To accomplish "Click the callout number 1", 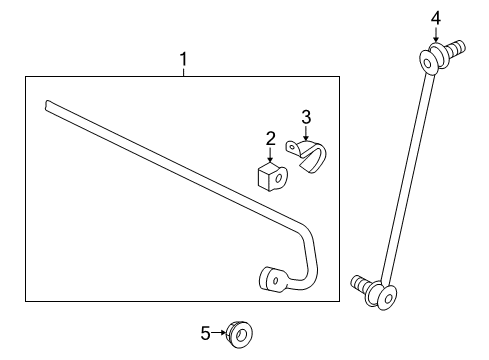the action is pos(183,59).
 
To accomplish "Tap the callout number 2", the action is pos(271,139).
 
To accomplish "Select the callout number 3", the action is pos(306,117).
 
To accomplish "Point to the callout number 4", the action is pos(436,18).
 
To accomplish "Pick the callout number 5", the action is pos(205,333).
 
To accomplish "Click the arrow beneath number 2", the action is pos(270,155).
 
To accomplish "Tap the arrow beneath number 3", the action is pos(306,133).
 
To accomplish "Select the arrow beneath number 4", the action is pos(436,35).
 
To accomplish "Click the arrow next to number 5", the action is pos(219,333).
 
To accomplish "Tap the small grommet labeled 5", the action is pos(239,335).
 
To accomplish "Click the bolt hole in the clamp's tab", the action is pos(292,147).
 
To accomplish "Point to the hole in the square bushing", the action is pos(279,178).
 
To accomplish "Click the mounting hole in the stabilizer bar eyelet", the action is pos(276,281).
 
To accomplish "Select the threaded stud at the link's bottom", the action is pos(360,284).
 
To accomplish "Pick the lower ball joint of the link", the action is pos(382,296).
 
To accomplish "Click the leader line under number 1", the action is pos(183,72).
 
